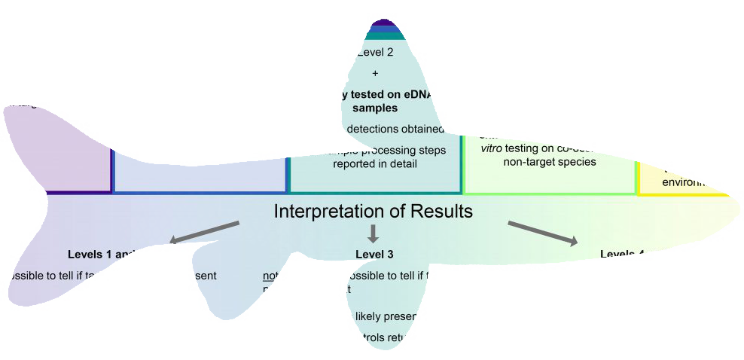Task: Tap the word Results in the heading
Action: (x=439, y=212)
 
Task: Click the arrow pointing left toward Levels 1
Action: (x=204, y=233)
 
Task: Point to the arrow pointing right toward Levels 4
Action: (x=543, y=233)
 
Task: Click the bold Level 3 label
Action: (x=374, y=255)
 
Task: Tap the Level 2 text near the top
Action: (x=377, y=52)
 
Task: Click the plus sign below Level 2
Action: (x=375, y=73)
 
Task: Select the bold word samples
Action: (x=375, y=108)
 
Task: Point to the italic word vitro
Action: (x=492, y=148)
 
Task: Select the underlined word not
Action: (x=269, y=276)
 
